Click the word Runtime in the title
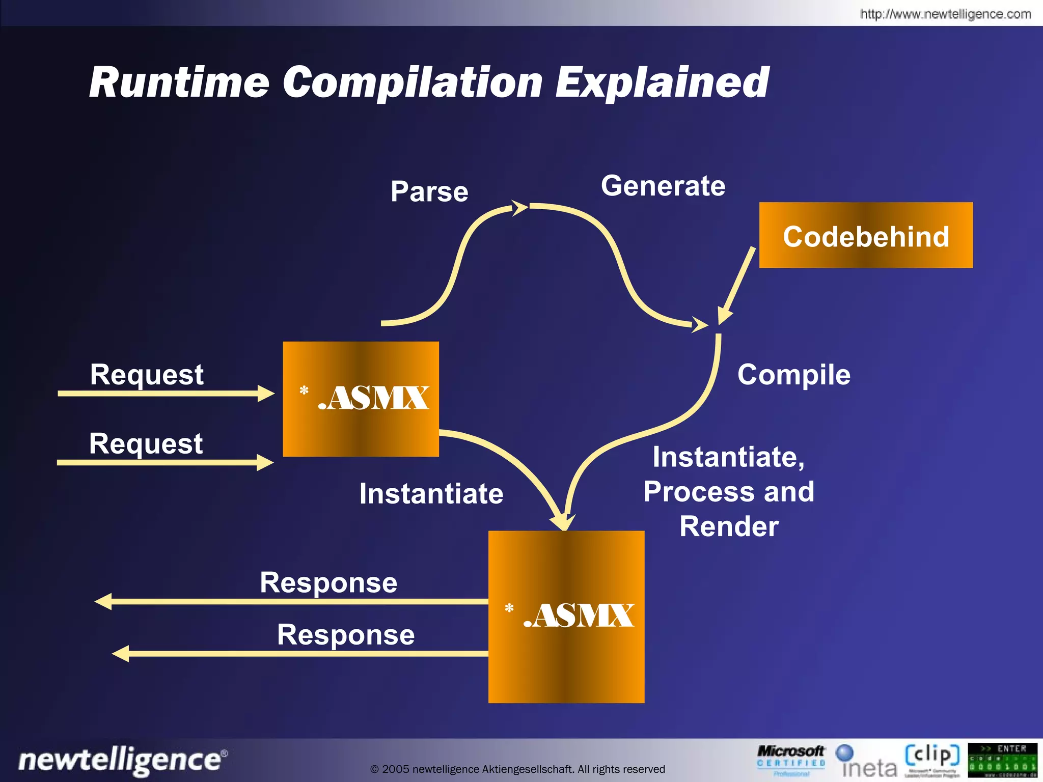click(x=179, y=82)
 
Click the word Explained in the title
click(x=662, y=82)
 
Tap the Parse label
click(x=429, y=192)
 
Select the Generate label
click(x=663, y=186)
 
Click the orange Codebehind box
click(x=865, y=235)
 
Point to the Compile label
click(x=793, y=375)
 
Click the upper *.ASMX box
click(x=361, y=399)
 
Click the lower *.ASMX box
click(x=566, y=617)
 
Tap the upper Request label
click(x=147, y=375)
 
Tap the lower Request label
click(x=146, y=443)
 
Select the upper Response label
click(x=328, y=582)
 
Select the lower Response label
click(x=345, y=635)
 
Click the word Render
click(x=729, y=526)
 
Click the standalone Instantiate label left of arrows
click(x=431, y=494)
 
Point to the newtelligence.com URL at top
click(x=945, y=14)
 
